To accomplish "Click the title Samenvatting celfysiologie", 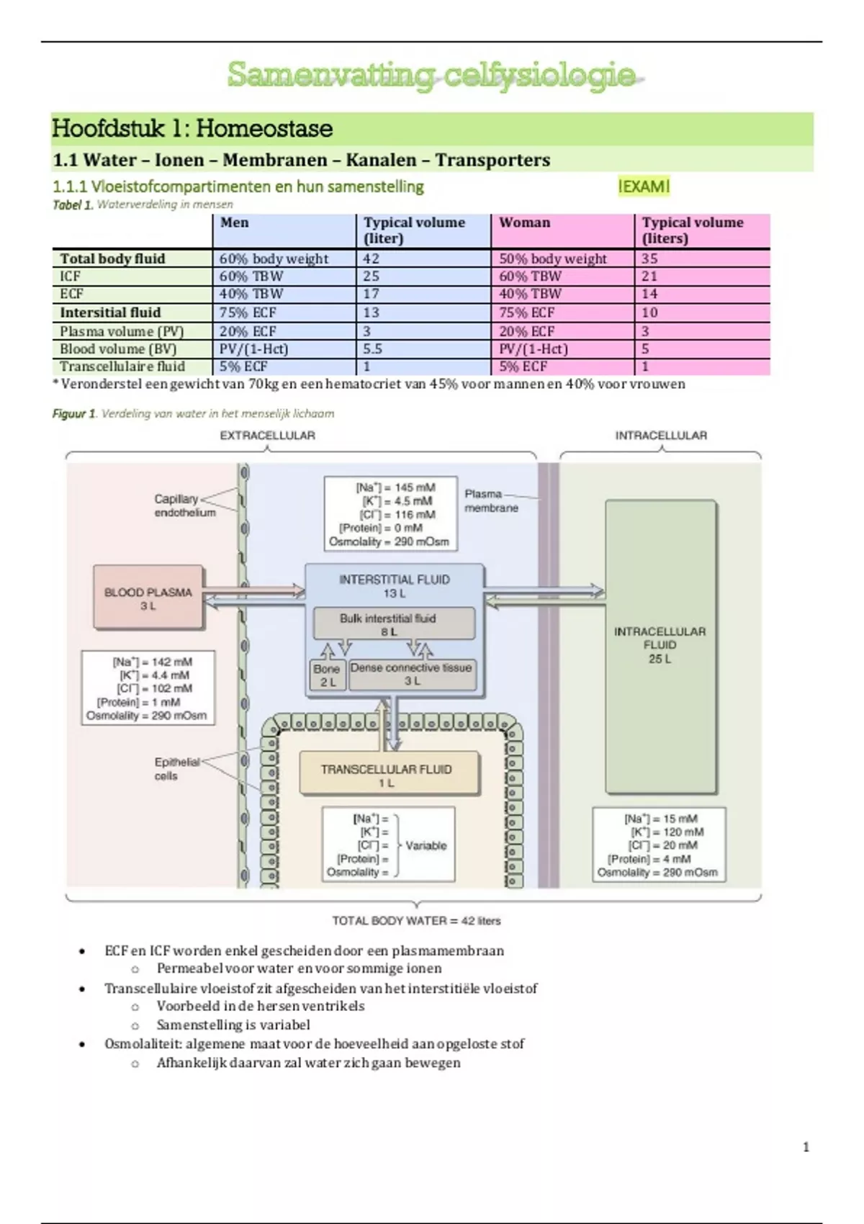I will point(432,75).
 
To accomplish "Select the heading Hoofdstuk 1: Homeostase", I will point(192,129).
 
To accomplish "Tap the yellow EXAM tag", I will point(644,186).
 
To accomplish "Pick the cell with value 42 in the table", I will point(372,258).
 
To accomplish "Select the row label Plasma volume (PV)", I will point(122,331).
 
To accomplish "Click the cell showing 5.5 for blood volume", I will point(373,348).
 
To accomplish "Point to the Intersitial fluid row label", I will point(110,312).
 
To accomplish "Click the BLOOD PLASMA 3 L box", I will point(148,598).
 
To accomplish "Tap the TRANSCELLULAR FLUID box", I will point(387,775).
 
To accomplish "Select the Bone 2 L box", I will point(327,675).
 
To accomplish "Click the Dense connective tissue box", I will point(411,674).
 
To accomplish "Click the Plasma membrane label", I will point(491,500).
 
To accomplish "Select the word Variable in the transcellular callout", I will point(426,845).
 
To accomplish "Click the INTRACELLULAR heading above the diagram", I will point(660,436).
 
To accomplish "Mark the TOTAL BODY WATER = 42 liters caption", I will point(416,921).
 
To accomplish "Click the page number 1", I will point(806,1147).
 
